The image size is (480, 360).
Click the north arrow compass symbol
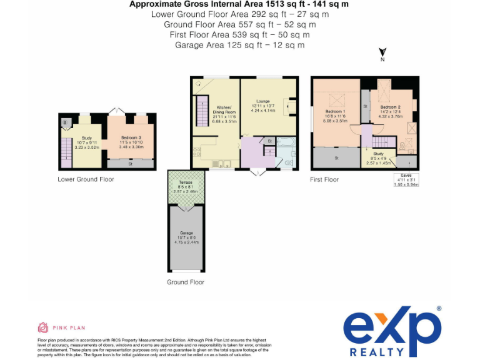382,54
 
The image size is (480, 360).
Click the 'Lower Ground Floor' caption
86,179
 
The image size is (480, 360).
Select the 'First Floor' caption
324,179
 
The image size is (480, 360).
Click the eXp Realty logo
392,331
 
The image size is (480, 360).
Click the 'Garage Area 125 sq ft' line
240,45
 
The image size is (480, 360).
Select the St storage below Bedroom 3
131,164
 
